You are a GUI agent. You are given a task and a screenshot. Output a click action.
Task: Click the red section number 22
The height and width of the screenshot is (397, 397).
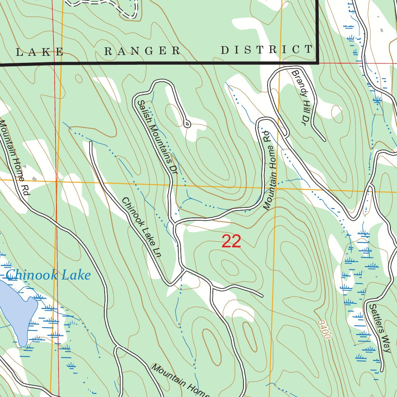[231, 242]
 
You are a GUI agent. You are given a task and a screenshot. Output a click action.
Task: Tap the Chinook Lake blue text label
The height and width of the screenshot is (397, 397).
[48, 275]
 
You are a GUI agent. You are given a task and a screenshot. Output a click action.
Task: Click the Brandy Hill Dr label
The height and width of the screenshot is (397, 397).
[302, 98]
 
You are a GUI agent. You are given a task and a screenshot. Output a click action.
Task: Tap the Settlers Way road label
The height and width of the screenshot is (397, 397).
[379, 328]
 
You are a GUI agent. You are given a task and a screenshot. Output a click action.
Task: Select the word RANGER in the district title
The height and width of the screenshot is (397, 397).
[143, 51]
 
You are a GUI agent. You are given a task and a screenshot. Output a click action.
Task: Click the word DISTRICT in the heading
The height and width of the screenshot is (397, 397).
[266, 50]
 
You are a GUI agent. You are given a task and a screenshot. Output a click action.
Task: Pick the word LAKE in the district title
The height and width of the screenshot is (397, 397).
[40, 52]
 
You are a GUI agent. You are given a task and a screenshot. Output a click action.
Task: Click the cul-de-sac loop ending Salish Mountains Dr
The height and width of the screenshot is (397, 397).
[187, 124]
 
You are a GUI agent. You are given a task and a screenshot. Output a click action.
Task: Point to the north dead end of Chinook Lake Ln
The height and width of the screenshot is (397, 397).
[91, 142]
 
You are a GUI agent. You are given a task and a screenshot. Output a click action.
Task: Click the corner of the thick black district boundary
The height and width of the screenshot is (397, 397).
[318, 62]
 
